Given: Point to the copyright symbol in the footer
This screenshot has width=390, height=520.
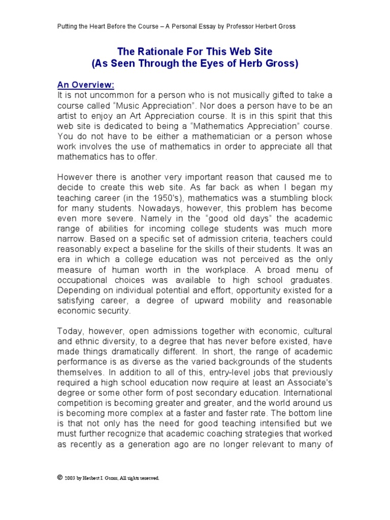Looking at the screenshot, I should [x=60, y=477].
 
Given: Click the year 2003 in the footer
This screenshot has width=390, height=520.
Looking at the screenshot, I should [x=70, y=478].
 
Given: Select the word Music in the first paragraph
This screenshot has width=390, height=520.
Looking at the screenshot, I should [x=160, y=106].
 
